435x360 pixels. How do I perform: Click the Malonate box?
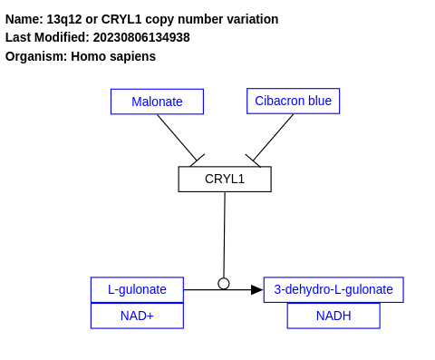click(157, 102)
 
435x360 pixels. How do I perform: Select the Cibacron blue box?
click(293, 101)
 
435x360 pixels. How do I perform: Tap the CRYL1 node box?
click(224, 179)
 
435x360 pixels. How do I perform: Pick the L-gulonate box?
click(137, 289)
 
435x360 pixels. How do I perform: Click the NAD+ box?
click(137, 316)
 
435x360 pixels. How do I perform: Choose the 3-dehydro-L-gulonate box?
click(333, 289)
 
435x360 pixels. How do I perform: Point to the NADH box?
click(333, 316)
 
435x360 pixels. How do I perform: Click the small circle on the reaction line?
click(224, 284)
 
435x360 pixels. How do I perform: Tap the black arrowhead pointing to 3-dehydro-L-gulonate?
click(256, 289)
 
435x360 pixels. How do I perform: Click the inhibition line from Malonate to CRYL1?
click(177, 137)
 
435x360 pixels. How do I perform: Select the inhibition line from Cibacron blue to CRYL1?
click(273, 137)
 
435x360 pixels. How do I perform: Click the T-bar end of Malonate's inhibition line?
click(197, 161)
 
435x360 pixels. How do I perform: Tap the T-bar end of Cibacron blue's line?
click(253, 161)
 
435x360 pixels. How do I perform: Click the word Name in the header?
click(22, 19)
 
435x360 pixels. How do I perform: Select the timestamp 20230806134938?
click(141, 37)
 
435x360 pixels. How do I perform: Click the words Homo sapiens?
click(113, 56)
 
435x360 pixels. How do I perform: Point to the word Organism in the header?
click(34, 56)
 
